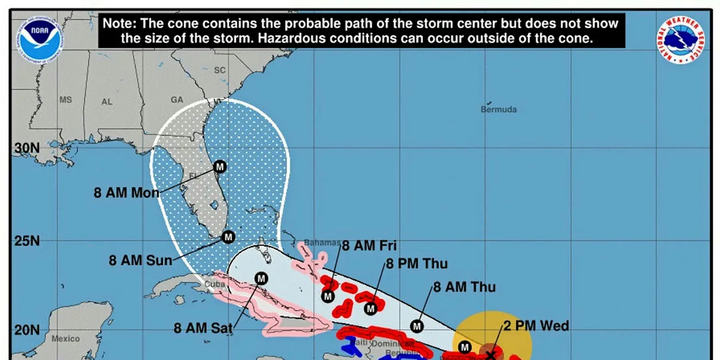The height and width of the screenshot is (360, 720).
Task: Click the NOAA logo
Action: tap(39, 37)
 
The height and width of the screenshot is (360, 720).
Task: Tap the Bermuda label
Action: tap(499, 110)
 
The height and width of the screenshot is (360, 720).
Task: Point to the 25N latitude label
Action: tap(26, 241)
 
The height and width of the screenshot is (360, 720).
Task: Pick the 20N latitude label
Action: tap(26, 331)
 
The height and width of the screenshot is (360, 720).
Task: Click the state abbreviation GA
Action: tap(177, 100)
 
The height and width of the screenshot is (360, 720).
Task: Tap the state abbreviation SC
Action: tap(220, 70)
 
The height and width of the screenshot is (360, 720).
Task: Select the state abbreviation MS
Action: tap(65, 100)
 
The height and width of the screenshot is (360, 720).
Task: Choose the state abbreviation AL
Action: tap(107, 102)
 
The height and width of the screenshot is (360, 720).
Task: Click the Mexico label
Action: tap(65, 338)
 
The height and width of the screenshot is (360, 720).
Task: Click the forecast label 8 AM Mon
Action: tap(127, 193)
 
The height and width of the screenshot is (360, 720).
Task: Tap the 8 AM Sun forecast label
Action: tap(140, 261)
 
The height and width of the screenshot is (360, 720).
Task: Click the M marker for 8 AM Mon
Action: tap(220, 166)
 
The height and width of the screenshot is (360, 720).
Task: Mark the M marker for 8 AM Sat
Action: tap(261, 278)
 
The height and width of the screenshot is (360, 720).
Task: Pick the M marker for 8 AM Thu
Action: tap(417, 326)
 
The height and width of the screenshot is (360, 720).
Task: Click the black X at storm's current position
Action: tap(491, 355)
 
